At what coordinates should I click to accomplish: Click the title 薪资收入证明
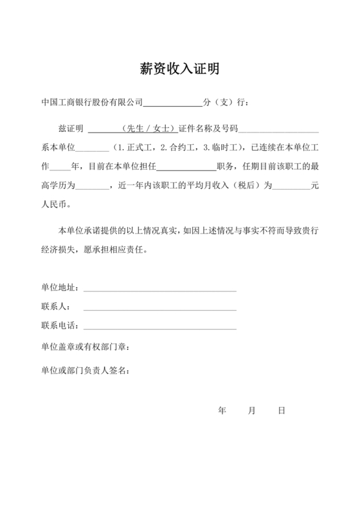pos(179,69)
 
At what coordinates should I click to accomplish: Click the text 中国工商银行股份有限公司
pos(91,102)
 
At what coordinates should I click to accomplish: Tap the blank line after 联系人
pos(159,309)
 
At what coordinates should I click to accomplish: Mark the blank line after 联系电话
pos(159,329)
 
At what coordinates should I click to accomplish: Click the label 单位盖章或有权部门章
pos(85,348)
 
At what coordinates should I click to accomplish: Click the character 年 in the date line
pos(222,410)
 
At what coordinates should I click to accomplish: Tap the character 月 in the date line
pos(252,410)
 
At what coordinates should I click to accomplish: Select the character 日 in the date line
pos(282,410)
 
